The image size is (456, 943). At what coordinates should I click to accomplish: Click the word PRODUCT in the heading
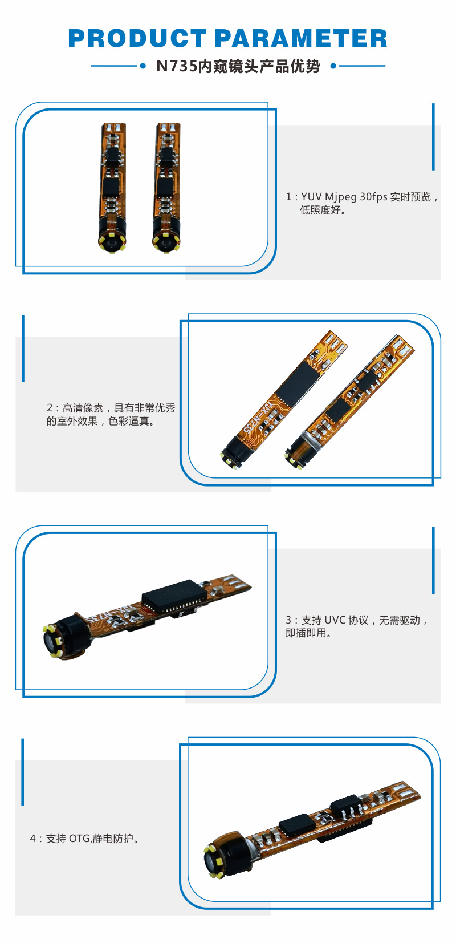click(137, 38)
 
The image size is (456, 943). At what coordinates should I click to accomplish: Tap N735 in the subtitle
click(177, 66)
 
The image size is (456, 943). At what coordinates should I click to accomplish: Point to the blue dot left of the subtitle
click(142, 66)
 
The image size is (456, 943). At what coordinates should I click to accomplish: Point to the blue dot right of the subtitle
click(333, 66)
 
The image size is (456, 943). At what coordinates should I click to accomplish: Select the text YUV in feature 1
click(311, 197)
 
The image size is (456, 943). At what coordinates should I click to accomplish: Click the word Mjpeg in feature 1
click(341, 197)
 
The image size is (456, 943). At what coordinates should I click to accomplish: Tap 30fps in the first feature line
click(373, 197)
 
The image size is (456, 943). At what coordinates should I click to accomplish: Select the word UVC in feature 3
click(335, 620)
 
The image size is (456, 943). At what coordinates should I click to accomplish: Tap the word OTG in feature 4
click(79, 839)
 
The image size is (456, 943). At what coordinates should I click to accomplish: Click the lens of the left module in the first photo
click(112, 242)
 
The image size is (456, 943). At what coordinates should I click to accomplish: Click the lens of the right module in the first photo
click(165, 242)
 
